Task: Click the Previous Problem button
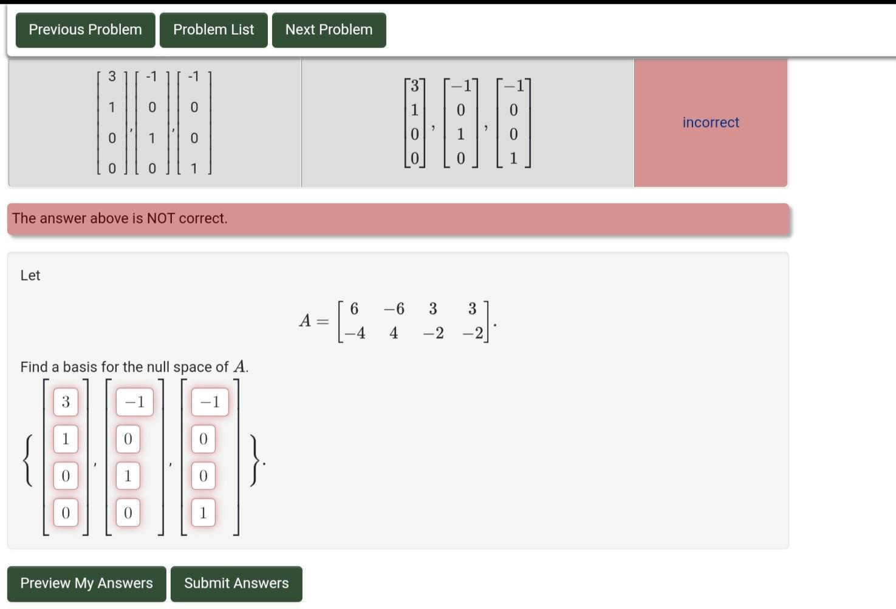[85, 30]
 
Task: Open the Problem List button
[213, 30]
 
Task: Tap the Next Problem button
[329, 30]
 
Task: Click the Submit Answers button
[236, 583]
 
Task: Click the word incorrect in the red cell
[711, 123]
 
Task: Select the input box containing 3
[66, 402]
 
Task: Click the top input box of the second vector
[134, 402]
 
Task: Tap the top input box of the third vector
[210, 402]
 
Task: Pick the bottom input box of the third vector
[203, 513]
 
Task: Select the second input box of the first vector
[66, 439]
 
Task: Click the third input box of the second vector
[128, 476]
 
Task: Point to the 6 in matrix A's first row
[354, 309]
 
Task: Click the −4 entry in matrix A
[354, 333]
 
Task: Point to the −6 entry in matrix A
[394, 309]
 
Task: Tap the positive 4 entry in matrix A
[394, 333]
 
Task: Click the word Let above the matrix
[30, 276]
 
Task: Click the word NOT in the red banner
[160, 219]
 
